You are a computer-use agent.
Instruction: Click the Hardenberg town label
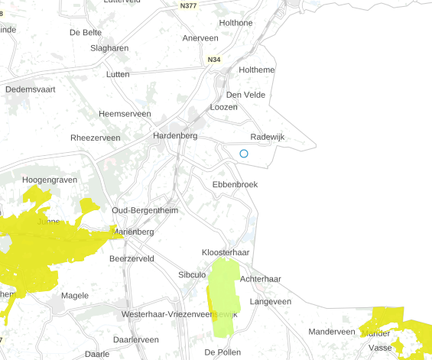(175, 135)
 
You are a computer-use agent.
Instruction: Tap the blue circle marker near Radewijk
(244, 154)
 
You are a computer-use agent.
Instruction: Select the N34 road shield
(213, 59)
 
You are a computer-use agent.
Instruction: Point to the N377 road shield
(189, 6)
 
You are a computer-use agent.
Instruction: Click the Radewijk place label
(267, 136)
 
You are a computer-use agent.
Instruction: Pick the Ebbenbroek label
(235, 184)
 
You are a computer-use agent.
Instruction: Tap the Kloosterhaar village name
(226, 252)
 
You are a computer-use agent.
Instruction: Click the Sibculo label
(192, 274)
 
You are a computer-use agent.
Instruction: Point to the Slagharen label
(109, 48)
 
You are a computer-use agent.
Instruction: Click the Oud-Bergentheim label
(145, 210)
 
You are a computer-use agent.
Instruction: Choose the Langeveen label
(271, 302)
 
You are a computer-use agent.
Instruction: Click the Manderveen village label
(332, 332)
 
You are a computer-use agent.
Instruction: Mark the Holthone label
(235, 23)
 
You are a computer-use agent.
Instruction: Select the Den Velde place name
(245, 95)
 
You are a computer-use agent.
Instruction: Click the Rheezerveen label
(95, 138)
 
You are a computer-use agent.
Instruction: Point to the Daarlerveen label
(135, 339)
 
